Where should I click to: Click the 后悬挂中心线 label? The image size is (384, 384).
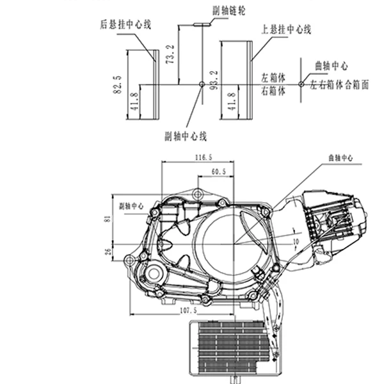click(125, 25)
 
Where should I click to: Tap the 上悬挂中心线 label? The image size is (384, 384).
click(286, 29)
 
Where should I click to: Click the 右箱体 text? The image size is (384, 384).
click(273, 91)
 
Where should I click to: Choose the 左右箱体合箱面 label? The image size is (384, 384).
click(339, 84)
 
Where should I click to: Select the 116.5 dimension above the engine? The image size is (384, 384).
click(203, 157)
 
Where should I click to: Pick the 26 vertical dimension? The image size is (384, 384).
click(111, 250)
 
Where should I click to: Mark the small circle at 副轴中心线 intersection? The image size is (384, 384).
click(202, 84)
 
